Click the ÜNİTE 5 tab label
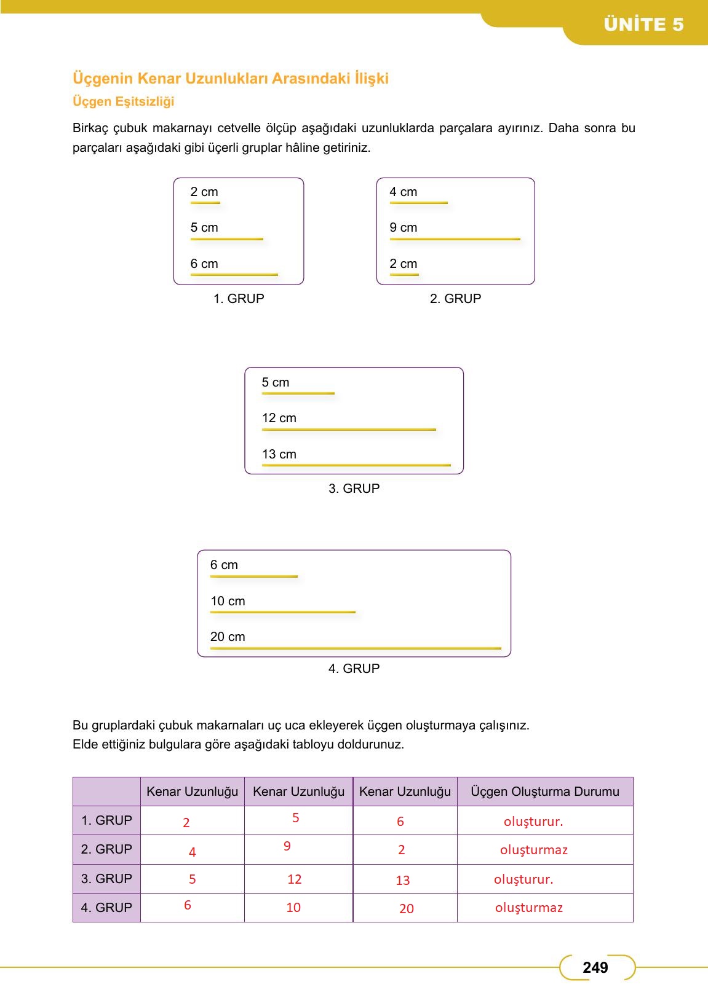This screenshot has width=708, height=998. pos(643,25)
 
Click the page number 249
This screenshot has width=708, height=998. pos(595,968)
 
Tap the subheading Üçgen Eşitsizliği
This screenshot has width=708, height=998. pos(124,101)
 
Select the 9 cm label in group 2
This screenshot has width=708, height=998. pos(403,227)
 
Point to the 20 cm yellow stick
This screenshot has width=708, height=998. pos(356,648)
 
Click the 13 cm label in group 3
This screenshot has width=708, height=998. pos(279,454)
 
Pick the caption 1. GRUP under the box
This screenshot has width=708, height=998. pos(239,299)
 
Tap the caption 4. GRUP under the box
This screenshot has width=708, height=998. pos(354,669)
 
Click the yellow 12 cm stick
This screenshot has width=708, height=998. pos(349,430)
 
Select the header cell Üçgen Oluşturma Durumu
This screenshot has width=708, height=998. pos(544,792)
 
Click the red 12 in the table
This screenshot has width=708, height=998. pos(295,879)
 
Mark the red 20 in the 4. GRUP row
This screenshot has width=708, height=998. pos(407,909)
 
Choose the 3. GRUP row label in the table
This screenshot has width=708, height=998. pos(106,879)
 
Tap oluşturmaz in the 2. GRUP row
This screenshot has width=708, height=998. pos(533,850)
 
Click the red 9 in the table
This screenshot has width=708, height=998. pos(287,846)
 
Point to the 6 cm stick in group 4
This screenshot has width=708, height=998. pos(253,576)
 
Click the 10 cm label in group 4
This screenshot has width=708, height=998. pos(228,601)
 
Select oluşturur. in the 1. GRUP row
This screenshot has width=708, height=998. pos(533,822)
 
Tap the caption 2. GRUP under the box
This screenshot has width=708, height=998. pos(455,299)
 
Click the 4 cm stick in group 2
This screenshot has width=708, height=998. pos(418,203)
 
